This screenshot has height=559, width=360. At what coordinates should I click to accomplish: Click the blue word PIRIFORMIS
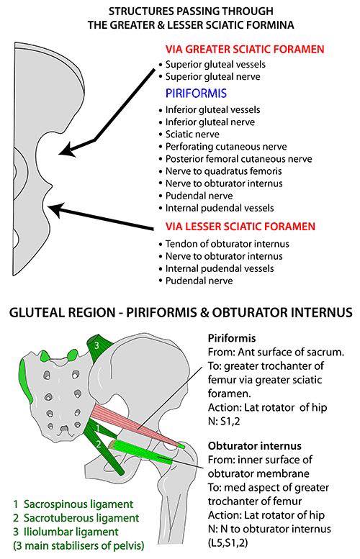tap(196, 94)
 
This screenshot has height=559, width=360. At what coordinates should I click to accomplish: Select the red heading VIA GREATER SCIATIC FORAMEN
tap(245, 49)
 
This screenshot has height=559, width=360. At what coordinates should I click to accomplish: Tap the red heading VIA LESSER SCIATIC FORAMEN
tap(240, 227)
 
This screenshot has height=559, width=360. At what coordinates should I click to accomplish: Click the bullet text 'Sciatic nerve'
tap(192, 135)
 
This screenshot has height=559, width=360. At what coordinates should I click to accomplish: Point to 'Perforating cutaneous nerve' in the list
tap(226, 147)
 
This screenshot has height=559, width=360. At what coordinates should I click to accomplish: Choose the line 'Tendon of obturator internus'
tap(228, 244)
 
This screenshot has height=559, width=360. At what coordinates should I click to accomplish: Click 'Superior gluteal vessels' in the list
tap(215, 65)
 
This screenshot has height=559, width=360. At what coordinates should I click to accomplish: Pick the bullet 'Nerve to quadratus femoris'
tap(224, 171)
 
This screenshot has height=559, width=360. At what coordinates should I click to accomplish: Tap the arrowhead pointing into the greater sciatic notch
tap(67, 150)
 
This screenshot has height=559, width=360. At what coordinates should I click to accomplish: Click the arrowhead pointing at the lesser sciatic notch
tap(55, 209)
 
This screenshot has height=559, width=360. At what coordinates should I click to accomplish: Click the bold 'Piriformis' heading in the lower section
tap(232, 338)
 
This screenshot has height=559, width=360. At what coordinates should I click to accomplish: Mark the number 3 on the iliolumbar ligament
tap(96, 345)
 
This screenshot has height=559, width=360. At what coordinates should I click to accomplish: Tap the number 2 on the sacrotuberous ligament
tap(99, 444)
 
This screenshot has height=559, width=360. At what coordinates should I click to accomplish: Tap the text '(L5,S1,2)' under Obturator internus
tap(228, 543)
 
